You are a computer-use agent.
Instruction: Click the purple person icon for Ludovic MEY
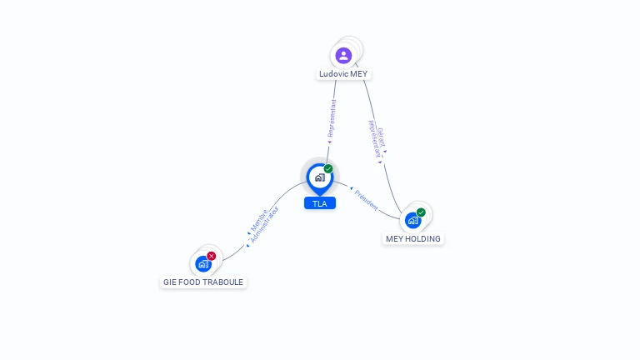pos(343,56)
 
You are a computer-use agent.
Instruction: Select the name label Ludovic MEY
pos(343,74)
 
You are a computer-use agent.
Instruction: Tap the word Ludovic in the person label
pos(332,74)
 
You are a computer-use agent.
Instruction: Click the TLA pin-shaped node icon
pos(319,177)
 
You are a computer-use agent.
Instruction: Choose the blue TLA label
pos(319,203)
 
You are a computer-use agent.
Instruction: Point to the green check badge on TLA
pos(328,169)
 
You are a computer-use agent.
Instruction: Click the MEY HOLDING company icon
pos(412,221)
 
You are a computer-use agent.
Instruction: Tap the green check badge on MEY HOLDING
pos(421,212)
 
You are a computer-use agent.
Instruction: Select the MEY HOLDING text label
pos(413,239)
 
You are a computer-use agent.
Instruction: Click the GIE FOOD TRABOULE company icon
pos(202,264)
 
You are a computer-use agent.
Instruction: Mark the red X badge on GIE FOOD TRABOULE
pos(212,256)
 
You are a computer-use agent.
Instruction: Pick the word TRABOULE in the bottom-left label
pos(223,282)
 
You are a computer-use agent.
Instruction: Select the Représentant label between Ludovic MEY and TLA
pos(332,119)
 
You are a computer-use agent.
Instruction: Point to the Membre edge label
pos(257,220)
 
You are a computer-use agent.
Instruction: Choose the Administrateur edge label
pos(265,226)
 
